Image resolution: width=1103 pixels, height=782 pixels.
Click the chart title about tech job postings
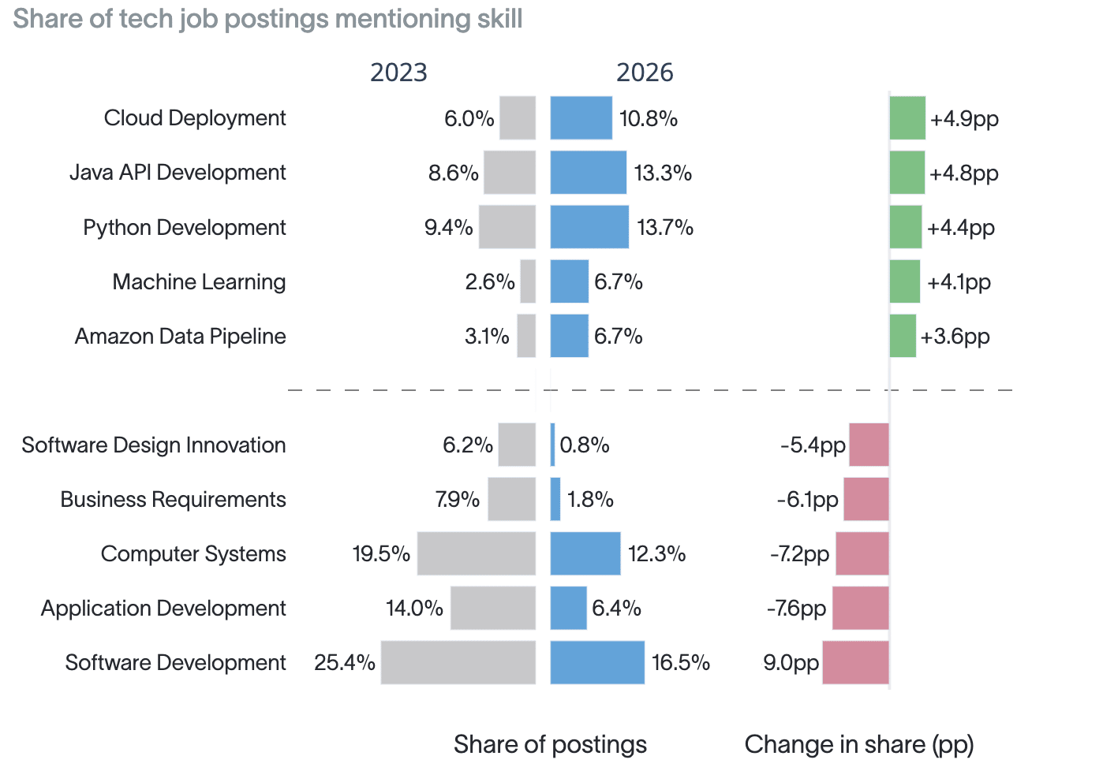(267, 19)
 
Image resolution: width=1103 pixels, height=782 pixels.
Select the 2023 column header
(398, 73)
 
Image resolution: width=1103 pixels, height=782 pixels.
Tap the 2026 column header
(645, 73)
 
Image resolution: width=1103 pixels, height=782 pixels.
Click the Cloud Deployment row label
(195, 118)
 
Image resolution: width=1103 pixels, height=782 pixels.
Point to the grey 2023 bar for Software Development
(458, 662)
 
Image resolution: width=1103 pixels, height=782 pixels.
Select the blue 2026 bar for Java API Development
(589, 173)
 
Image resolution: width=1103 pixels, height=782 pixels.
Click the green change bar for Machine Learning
(904, 281)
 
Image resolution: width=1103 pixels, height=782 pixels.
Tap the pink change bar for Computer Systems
(862, 553)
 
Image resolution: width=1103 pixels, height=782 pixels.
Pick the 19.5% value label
(381, 553)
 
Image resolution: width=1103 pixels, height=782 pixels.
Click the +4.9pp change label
(964, 119)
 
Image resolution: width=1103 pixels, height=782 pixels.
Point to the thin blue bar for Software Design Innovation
(552, 445)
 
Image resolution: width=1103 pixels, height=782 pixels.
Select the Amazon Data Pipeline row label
(180, 337)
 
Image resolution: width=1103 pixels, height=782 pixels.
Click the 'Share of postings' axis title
(550, 744)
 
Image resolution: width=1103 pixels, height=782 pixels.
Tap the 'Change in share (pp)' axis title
(859, 744)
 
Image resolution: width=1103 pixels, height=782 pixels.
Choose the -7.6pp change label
(796, 609)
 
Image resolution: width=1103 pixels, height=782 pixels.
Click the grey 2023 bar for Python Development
(507, 227)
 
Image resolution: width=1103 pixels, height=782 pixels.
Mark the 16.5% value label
(681, 662)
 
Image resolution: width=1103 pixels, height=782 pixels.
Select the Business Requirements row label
(173, 500)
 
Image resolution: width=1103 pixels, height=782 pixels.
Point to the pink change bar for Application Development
(861, 608)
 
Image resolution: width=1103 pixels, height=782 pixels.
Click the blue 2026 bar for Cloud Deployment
(581, 117)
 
